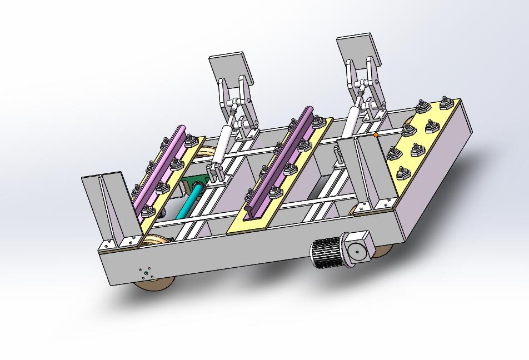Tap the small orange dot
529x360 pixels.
click(376, 134)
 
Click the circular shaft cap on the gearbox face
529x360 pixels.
click(357, 253)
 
